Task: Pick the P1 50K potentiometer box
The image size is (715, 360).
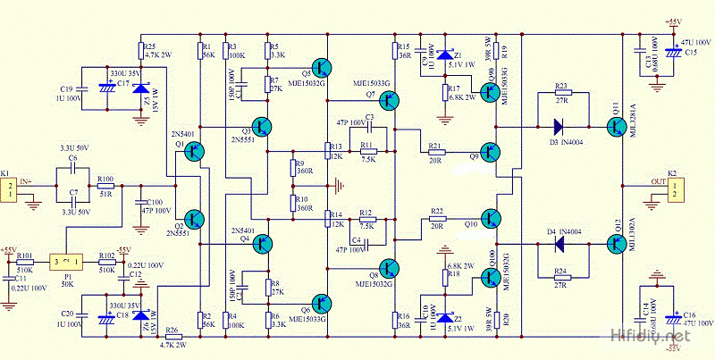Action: pos(67,260)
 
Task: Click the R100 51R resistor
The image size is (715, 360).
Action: pos(105,188)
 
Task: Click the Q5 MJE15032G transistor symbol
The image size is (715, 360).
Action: pos(321,70)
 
